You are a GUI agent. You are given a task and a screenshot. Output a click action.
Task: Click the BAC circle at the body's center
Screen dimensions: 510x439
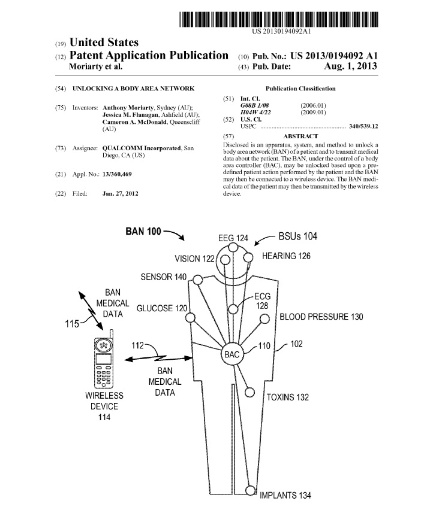tap(232, 354)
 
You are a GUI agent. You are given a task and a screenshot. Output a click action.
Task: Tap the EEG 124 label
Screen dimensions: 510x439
tap(233, 238)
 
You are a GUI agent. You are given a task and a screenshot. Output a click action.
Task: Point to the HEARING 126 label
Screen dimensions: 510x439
tap(287, 256)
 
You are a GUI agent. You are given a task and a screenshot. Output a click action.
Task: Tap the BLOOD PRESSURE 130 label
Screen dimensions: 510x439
tap(321, 317)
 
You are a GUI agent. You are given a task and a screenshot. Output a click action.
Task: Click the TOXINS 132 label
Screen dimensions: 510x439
tap(288, 397)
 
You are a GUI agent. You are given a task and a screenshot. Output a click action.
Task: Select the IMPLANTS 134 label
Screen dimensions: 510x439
tap(285, 496)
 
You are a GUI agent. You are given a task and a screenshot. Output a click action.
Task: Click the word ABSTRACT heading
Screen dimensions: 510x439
tap(300, 136)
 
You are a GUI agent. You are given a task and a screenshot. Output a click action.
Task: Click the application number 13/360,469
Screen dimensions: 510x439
tap(121, 174)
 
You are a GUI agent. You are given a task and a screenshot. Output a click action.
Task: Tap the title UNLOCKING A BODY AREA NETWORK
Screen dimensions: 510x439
tap(133, 88)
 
